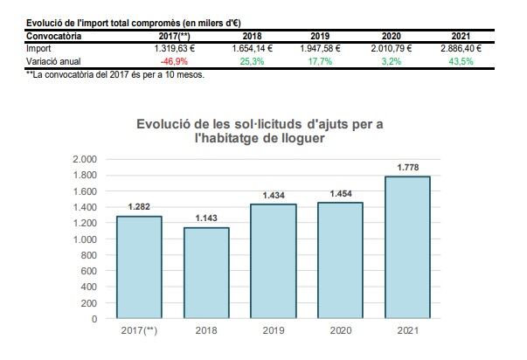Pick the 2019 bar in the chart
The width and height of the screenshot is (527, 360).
point(273,261)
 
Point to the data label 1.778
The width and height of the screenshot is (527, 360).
point(406,167)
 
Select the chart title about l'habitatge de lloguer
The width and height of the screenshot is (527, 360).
point(260,131)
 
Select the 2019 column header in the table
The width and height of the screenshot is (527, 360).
point(319,37)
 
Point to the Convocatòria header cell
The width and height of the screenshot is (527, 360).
point(54,37)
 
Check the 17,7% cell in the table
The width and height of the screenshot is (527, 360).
point(319,61)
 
